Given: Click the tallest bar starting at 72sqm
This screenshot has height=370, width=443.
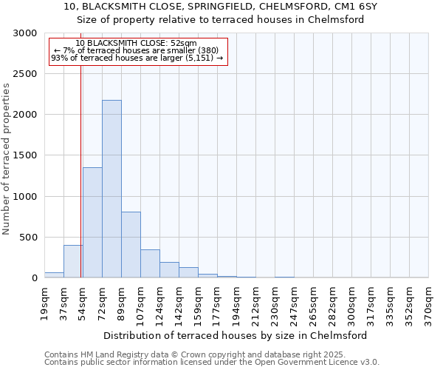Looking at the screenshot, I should point(111,189).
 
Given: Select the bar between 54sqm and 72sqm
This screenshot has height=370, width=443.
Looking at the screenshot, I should point(92,222).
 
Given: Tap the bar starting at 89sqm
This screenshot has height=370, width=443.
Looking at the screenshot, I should point(131,244).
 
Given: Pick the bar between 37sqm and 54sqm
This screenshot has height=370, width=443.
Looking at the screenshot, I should point(73,261).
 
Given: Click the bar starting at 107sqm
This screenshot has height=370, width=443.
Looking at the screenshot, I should point(150,263).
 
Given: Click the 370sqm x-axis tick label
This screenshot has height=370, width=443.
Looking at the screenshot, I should point(429,302).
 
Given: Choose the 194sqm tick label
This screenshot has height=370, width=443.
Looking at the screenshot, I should point(237,302).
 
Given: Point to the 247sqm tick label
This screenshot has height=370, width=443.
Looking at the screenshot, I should point(295,302).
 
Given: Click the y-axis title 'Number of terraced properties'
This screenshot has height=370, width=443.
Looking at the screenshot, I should point(7,159).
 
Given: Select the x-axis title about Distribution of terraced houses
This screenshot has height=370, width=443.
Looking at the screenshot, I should point(236,335).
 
